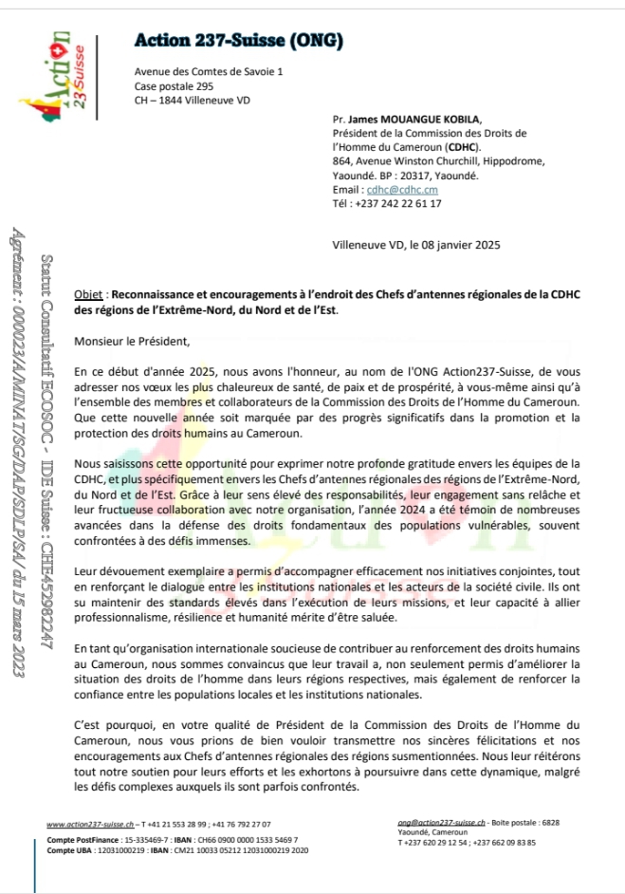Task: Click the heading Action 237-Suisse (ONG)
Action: tap(238, 40)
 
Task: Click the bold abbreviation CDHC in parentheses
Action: tap(463, 148)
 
